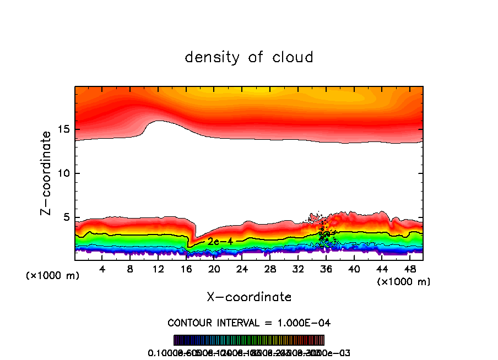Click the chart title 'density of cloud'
pyautogui.click(x=249, y=57)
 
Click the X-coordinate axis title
pyautogui.click(x=249, y=297)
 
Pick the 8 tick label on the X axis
pyautogui.click(x=130, y=269)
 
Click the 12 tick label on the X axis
pyautogui.click(x=158, y=269)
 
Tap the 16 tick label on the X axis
pyautogui.click(x=186, y=269)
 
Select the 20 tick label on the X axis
pyautogui.click(x=214, y=269)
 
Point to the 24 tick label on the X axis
pyautogui.click(x=242, y=269)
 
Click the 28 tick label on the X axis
pyautogui.click(x=270, y=269)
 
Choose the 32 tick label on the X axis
pyautogui.click(x=298, y=269)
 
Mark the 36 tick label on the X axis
pyautogui.click(x=326, y=269)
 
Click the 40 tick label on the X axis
pyautogui.click(x=354, y=269)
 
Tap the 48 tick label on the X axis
pyautogui.click(x=410, y=269)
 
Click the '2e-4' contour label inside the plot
pyautogui.click(x=216, y=241)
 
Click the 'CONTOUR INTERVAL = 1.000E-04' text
pyautogui.click(x=249, y=323)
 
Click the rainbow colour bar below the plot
pyautogui.click(x=249, y=340)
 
